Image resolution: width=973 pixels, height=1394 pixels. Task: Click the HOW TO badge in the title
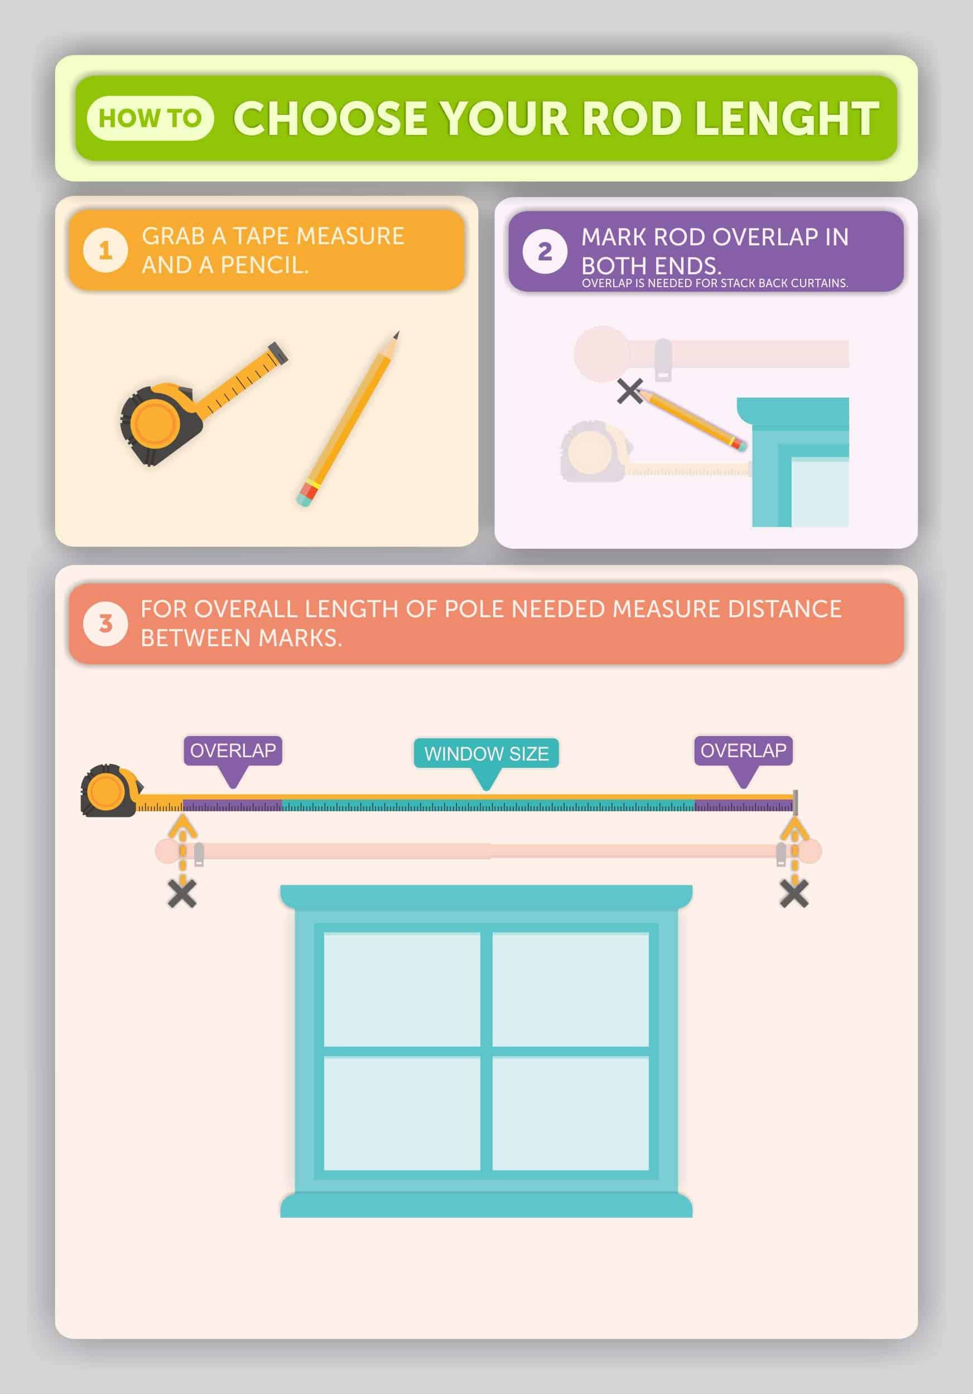tap(150, 118)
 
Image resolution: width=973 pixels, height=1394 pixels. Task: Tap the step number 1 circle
tap(105, 250)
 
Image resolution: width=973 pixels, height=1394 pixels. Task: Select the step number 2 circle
tap(545, 251)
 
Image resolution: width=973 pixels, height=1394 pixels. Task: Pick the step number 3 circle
tap(105, 623)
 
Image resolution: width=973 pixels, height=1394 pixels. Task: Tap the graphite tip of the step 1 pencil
tap(396, 335)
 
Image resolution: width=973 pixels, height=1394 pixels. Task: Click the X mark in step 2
tap(630, 391)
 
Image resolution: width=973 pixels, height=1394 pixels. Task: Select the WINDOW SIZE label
tap(486, 753)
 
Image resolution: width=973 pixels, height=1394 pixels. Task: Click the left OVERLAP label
tap(233, 751)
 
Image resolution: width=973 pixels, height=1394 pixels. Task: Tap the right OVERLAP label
tap(743, 751)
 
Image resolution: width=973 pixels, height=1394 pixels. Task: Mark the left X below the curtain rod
tap(182, 894)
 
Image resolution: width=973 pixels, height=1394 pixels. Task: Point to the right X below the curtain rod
tap(794, 894)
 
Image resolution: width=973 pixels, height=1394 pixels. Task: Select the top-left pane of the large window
tap(402, 990)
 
